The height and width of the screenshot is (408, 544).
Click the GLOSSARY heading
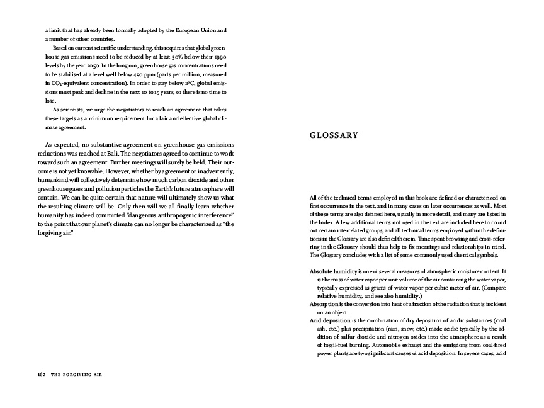point(334,135)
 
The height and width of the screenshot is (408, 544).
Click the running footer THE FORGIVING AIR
point(77,374)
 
